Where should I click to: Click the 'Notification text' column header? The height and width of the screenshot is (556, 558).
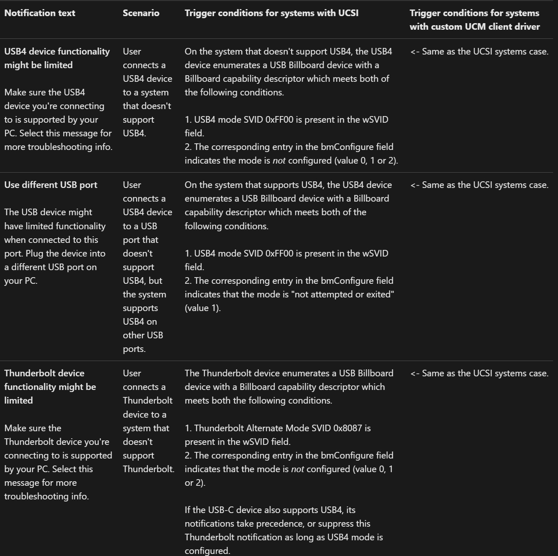(40, 13)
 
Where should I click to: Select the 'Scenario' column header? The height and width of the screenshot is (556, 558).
(141, 13)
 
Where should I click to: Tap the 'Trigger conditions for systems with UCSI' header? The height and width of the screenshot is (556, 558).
(271, 13)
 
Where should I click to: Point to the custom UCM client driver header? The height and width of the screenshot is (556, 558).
(475, 20)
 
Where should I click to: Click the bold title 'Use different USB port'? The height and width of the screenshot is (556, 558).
(51, 185)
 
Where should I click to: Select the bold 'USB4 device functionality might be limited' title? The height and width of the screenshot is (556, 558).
(57, 58)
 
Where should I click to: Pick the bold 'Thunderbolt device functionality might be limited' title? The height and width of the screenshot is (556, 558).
(50, 387)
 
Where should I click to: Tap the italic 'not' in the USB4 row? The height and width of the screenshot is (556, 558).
(279, 161)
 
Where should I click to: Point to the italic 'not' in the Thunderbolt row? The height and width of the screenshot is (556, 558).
(298, 469)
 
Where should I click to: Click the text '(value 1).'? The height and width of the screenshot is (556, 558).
(203, 308)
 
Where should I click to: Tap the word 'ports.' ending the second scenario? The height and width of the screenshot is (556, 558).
(134, 349)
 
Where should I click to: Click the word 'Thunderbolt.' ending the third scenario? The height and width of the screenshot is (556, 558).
(148, 469)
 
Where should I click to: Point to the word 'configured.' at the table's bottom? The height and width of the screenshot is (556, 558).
(207, 551)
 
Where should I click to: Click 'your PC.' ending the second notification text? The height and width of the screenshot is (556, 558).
(21, 281)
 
